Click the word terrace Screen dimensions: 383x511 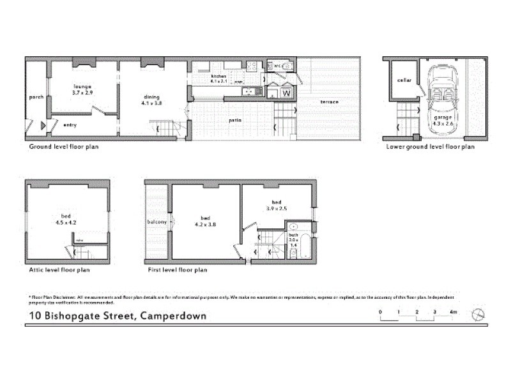coord(330,103)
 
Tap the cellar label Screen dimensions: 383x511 coord(403,80)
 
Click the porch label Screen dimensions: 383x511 coord(36,97)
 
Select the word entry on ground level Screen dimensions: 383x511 coord(70,125)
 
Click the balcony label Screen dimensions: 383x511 coord(156,222)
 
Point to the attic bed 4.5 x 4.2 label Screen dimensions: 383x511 coord(66,220)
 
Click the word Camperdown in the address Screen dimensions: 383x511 coord(169,315)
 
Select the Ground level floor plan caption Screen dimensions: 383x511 coord(64,146)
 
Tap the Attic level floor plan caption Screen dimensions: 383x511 coord(59,270)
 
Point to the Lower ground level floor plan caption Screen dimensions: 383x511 coord(431,146)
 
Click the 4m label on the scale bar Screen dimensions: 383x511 coord(454,311)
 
